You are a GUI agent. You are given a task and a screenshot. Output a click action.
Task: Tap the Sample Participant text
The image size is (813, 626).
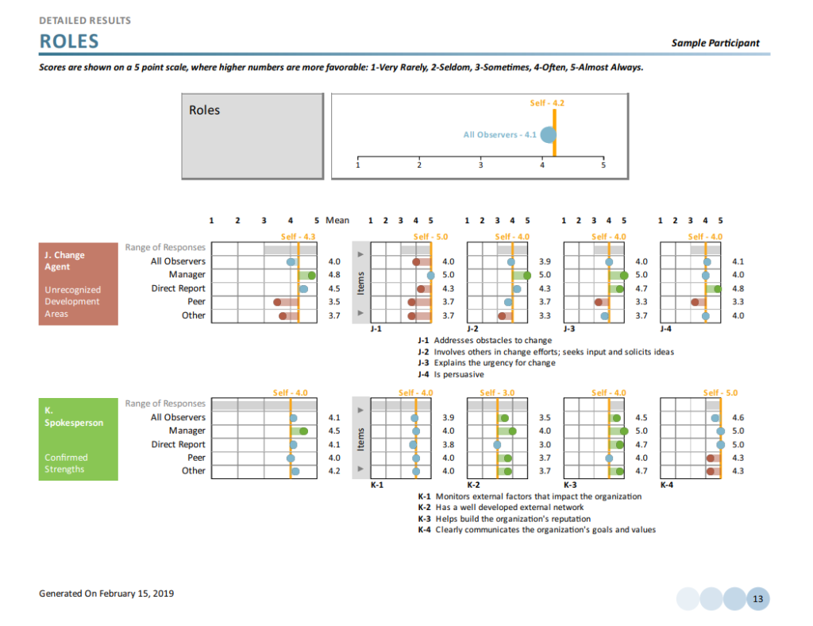(715, 43)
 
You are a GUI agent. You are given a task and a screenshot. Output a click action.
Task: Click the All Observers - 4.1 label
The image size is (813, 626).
(499, 134)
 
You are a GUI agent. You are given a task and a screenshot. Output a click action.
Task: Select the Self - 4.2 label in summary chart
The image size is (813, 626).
(547, 103)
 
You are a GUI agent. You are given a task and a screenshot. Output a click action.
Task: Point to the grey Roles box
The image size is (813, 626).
(254, 136)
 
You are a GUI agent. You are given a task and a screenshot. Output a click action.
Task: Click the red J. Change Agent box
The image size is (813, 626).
(78, 284)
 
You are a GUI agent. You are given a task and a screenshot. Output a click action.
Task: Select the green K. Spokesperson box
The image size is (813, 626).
(78, 439)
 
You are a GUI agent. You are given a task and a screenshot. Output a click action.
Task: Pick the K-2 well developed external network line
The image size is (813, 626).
(500, 507)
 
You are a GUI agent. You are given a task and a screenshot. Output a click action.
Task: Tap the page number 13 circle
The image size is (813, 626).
(757, 599)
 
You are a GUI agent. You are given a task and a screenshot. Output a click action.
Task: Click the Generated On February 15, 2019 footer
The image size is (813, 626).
(106, 593)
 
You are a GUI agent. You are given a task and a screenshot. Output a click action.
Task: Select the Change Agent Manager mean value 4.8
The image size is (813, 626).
(334, 275)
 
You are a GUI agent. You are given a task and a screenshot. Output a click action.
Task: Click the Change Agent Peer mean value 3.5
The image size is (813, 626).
(334, 302)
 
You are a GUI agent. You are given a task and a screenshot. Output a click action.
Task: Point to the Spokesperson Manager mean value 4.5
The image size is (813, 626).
(334, 431)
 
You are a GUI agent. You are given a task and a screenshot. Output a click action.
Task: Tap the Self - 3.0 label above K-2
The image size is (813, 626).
(498, 392)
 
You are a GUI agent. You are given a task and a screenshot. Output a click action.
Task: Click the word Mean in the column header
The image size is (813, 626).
(337, 220)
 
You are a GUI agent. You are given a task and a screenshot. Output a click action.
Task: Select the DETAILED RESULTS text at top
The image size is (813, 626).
(85, 20)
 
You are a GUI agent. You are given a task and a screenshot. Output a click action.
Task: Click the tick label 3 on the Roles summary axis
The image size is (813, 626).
(480, 165)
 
